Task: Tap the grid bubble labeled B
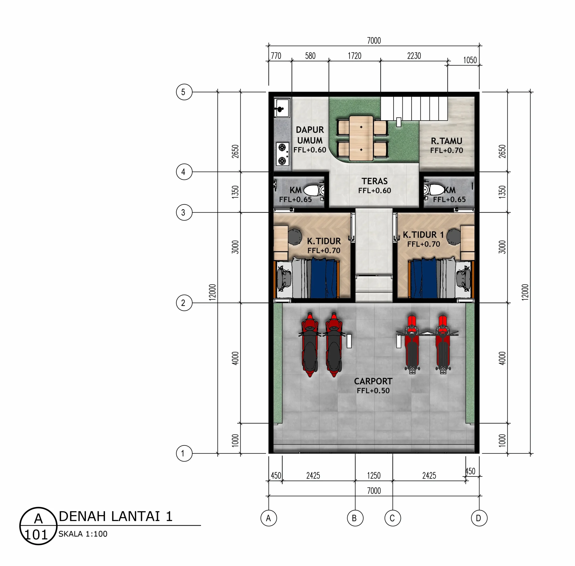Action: tap(355, 518)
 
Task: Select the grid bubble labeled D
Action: tap(479, 518)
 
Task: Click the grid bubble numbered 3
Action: tap(184, 212)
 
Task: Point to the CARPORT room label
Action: tap(373, 381)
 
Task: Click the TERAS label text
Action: tap(374, 181)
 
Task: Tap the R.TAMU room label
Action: tap(447, 141)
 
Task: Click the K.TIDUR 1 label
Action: tap(423, 235)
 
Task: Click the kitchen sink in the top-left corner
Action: tap(281, 108)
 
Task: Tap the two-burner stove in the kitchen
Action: tap(282, 154)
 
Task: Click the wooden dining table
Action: tap(361, 138)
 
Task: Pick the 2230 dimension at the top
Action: tap(414, 56)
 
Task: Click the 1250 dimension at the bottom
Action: tap(374, 476)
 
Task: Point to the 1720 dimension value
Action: tap(354, 56)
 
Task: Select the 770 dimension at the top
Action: tap(276, 56)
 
